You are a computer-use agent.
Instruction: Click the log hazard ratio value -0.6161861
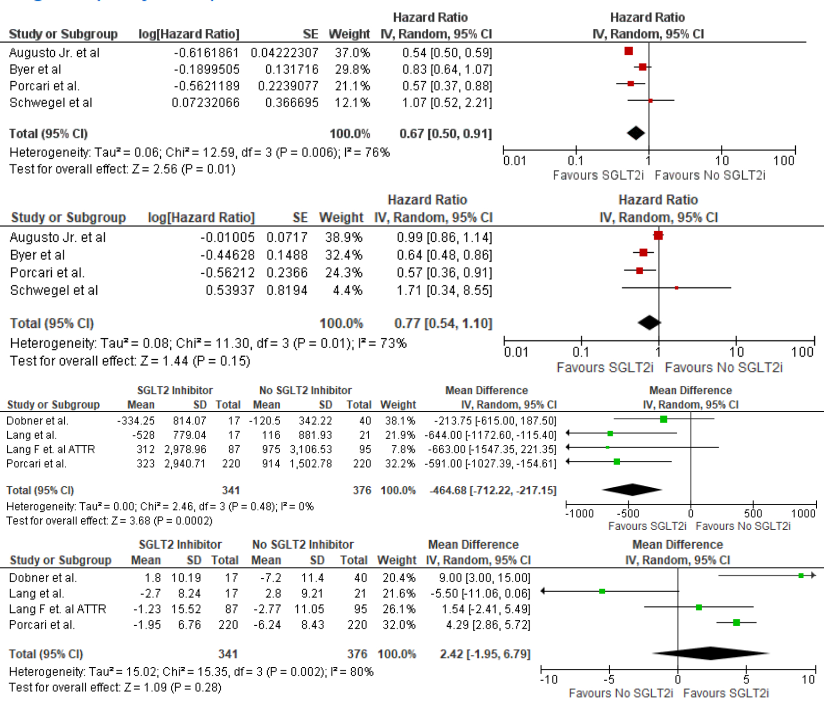(206, 53)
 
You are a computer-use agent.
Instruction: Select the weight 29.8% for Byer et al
(352, 69)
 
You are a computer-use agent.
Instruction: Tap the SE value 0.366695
(291, 102)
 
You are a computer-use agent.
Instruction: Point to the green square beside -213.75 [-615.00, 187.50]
(664, 419)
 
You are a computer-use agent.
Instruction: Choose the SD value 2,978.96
(185, 449)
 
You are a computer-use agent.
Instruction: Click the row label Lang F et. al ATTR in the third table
(51, 449)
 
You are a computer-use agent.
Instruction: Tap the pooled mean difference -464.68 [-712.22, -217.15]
(493, 490)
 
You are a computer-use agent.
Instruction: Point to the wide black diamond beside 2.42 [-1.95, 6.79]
(711, 653)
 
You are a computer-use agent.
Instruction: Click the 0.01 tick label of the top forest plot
(515, 161)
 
